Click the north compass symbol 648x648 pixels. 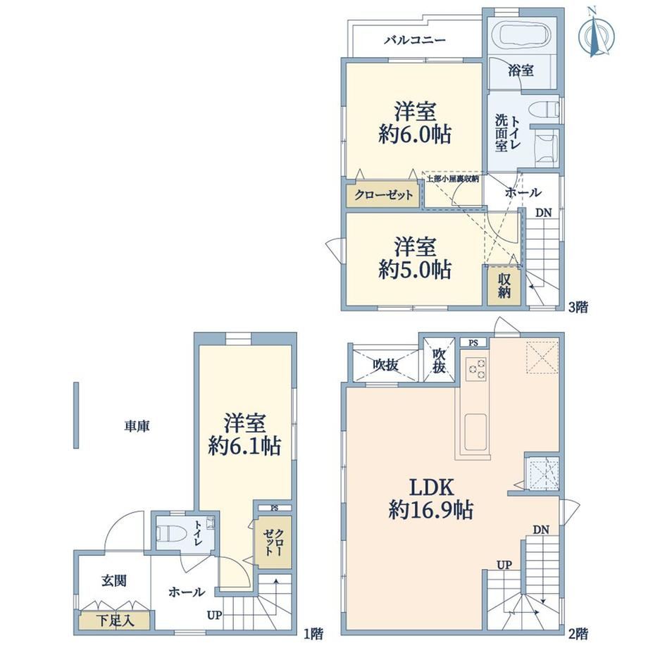click(596, 33)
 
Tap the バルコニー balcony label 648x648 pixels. click(415, 40)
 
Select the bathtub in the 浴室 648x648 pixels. click(525, 35)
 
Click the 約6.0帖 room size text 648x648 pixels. click(414, 134)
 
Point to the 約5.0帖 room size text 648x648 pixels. click(414, 270)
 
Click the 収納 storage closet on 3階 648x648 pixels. click(504, 286)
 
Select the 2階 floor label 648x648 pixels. click(578, 633)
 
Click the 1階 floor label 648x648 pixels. click(313, 633)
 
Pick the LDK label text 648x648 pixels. click(432, 487)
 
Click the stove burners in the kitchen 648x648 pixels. click(476, 368)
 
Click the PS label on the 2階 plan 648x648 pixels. click(473, 342)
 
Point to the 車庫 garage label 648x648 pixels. click(137, 425)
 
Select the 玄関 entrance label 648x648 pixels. click(114, 580)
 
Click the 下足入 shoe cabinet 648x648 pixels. click(115, 621)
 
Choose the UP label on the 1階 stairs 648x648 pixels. click(215, 615)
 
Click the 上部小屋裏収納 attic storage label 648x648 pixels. click(453, 179)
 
